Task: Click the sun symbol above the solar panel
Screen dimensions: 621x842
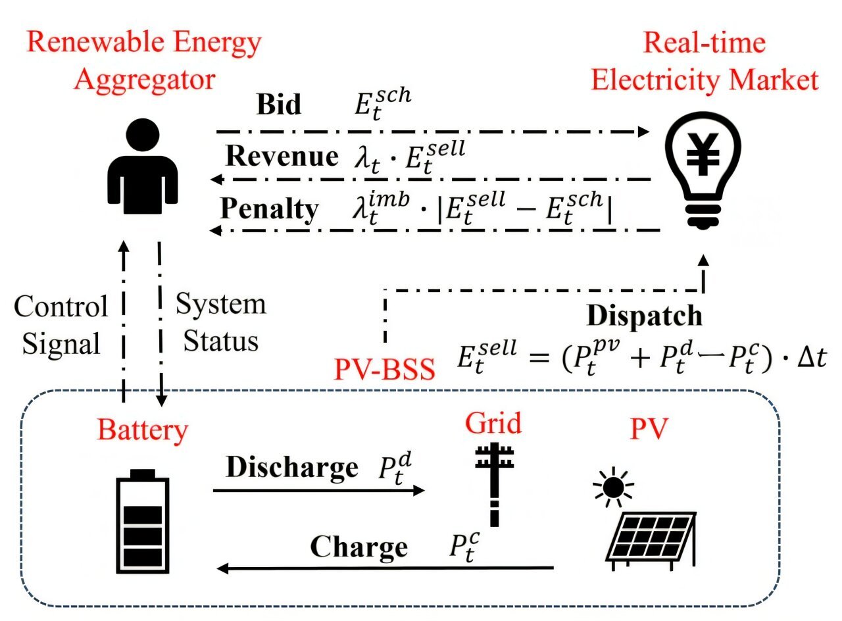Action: point(613,487)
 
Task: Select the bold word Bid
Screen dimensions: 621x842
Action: point(278,105)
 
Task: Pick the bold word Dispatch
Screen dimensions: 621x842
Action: point(644,316)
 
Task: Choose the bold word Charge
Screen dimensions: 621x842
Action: point(359,547)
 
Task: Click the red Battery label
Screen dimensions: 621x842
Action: point(143,431)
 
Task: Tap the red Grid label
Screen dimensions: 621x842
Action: point(493,423)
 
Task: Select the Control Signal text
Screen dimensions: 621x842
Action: point(61,325)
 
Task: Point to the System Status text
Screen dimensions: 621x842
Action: point(220,323)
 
